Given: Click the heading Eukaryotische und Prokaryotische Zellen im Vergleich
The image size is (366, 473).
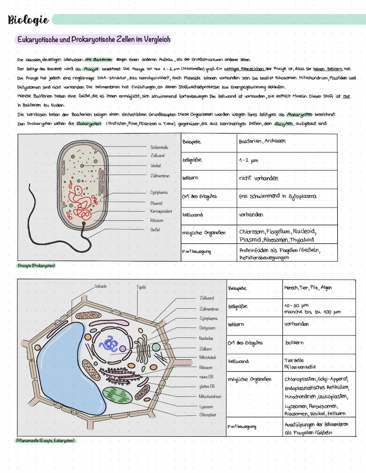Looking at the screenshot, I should pos(93,40).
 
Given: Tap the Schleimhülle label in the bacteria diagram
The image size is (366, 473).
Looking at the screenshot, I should pos(159,147).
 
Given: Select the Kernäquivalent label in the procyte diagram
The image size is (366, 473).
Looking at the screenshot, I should pos(161,212).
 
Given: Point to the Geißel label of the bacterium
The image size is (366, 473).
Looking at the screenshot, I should pos(155,230).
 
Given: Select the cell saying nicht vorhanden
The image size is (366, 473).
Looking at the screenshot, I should pos(259,178).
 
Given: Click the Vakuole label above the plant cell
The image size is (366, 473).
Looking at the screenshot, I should pos(101,286).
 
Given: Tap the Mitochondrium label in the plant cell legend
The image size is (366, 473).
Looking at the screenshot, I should pos(210,396).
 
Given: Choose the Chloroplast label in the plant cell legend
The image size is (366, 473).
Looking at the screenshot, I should pos(207,415).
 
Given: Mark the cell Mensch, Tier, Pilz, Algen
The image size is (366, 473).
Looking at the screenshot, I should pos(308,288).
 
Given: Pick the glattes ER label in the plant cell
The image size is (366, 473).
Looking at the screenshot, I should pos(207,386).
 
